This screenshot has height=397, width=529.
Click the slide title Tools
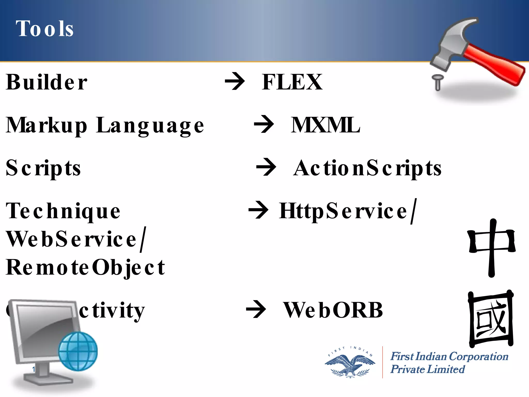44,29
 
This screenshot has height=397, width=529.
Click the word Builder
46,82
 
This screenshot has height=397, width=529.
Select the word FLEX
292,82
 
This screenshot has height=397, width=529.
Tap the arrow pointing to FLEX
235,82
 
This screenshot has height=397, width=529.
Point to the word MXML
325,125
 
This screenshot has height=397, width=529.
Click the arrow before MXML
264,125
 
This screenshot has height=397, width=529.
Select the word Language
150,126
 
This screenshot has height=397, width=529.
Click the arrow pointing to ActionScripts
266,167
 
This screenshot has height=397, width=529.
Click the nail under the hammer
438,82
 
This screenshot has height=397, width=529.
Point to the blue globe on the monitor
78,351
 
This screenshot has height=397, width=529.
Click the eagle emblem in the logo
350,364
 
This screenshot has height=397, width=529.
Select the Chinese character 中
492,247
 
